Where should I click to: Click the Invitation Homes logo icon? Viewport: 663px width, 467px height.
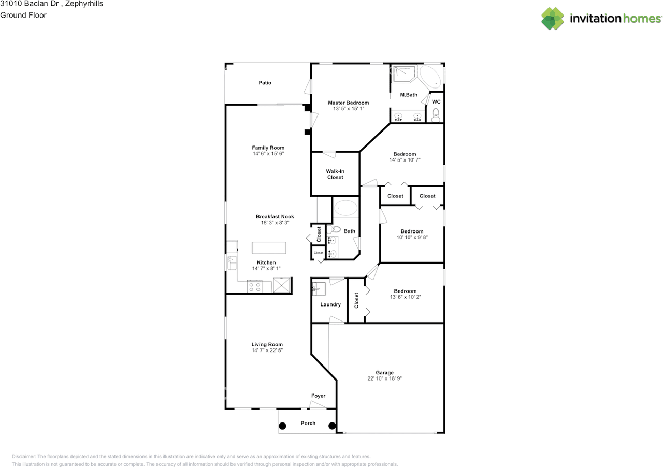(553, 19)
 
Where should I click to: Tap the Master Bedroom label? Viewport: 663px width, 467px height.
(348, 103)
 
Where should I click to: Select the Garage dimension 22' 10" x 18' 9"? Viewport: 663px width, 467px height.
(384, 378)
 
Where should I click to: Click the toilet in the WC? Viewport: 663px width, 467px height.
(436, 114)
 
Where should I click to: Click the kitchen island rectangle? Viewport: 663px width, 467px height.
(269, 247)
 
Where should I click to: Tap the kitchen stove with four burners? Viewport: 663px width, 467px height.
(255, 286)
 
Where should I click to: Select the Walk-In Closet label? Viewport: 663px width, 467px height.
(335, 174)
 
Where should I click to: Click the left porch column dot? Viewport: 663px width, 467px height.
(282, 426)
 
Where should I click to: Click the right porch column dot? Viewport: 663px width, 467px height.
(331, 426)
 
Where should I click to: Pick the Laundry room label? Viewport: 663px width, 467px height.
(330, 304)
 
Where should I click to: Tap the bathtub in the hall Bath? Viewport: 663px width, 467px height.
(345, 209)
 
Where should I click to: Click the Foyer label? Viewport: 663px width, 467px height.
(318, 396)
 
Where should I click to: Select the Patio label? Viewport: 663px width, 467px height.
(265, 83)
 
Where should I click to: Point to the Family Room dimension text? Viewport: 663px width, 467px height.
(268, 154)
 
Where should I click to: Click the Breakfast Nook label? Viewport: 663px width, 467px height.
(275, 216)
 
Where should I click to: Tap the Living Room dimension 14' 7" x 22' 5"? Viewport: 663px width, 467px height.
(267, 351)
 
